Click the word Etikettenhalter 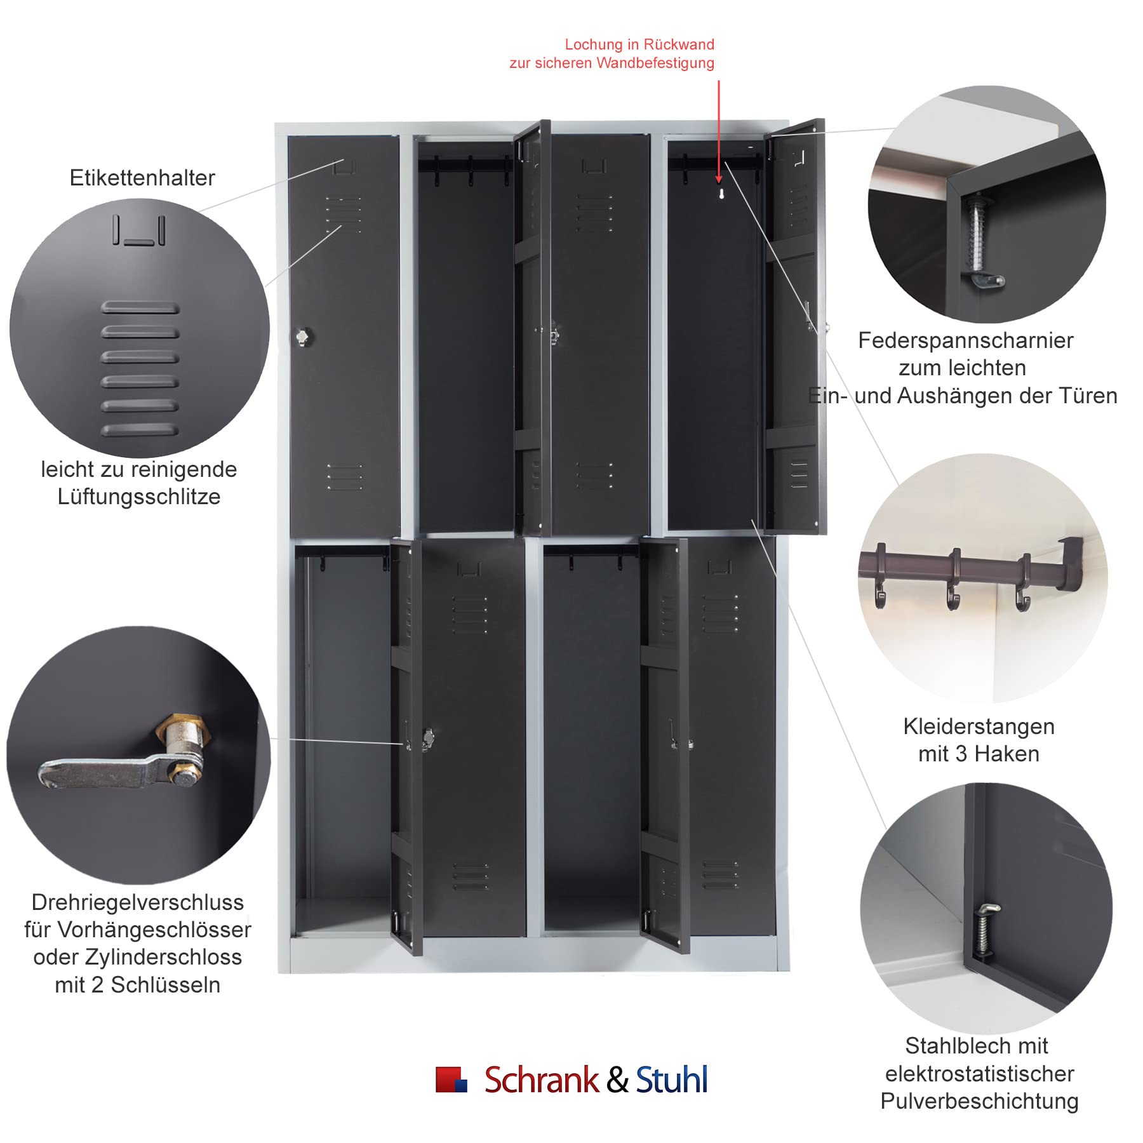point(142,178)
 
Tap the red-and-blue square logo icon point(451,1079)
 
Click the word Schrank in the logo point(541,1079)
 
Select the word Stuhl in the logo point(672,1079)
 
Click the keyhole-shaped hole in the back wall point(721,193)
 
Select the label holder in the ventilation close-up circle point(139,230)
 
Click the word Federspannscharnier point(965,340)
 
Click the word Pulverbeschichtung point(979,1101)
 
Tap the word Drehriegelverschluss point(138,902)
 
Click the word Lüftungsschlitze point(139,497)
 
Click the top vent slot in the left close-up point(140,308)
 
